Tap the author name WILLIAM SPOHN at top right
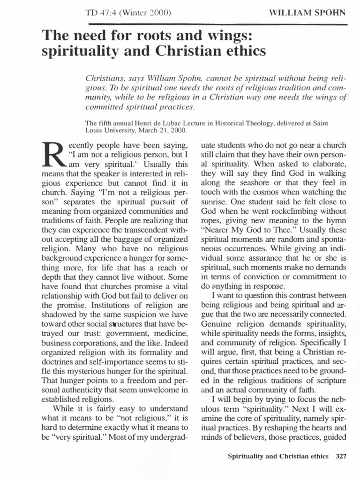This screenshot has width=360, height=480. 307,12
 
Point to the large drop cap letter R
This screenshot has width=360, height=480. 52,150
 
